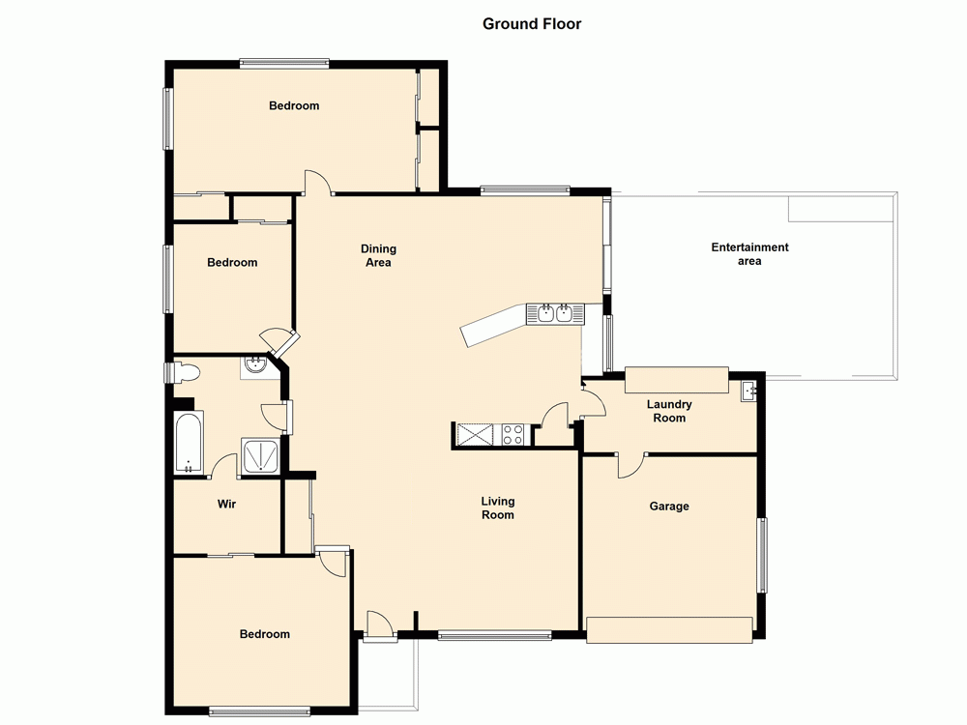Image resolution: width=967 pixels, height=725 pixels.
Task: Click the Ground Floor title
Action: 532,24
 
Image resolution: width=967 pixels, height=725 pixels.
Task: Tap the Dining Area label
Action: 379,255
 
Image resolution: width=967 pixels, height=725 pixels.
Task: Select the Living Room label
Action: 498,507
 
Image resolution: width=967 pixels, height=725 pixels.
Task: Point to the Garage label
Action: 669,506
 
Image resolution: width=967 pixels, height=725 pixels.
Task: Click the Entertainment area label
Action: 749,253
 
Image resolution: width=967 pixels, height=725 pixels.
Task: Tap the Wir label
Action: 227,504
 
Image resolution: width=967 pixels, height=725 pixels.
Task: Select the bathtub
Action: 189,443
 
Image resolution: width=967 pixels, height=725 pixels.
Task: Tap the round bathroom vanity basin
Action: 255,365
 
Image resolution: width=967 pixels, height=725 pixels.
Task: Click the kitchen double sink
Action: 555,313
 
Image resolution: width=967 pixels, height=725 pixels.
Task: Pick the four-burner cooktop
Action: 512,435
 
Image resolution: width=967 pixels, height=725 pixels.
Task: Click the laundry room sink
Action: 748,391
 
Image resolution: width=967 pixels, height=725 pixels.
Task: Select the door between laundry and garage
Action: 630,464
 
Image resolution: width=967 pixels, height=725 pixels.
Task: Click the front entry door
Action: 380,625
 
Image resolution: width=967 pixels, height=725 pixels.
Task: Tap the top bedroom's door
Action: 317,184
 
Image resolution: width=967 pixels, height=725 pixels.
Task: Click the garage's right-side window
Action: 762,555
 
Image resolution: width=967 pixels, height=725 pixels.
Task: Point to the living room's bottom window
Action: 494,635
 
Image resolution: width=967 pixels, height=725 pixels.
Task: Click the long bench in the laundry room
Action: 676,380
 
